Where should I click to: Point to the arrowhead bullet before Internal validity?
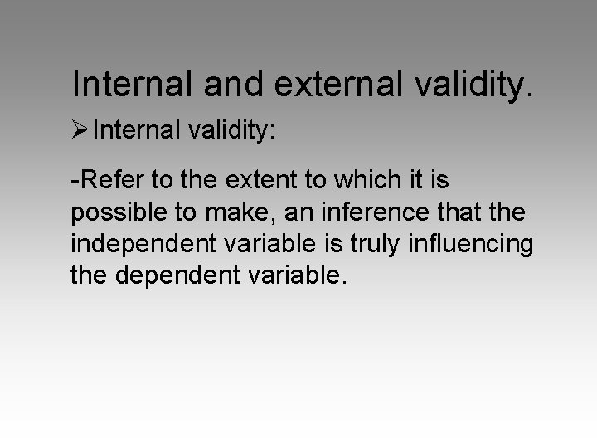[x=81, y=130]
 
